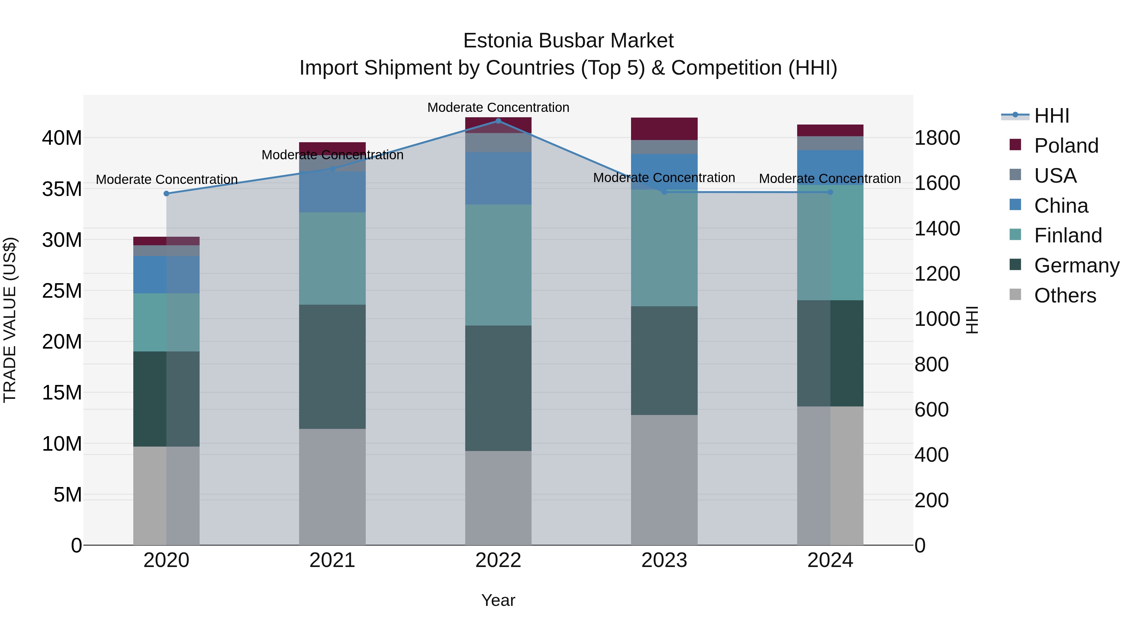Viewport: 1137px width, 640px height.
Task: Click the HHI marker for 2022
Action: pos(498,121)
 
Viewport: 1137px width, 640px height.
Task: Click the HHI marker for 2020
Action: pos(166,193)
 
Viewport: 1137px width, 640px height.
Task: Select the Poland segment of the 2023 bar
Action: pos(664,129)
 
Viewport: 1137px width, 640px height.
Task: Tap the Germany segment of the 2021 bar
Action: pos(332,367)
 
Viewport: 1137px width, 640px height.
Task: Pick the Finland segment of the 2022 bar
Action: pos(498,265)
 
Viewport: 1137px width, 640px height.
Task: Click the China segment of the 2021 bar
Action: pos(332,192)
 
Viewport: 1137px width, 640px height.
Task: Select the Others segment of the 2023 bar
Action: pos(664,480)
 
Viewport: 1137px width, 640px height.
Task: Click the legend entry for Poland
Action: pos(1066,146)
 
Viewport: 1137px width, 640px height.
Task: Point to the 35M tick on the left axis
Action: pos(62,189)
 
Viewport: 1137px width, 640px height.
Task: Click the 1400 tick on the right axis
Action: pos(937,229)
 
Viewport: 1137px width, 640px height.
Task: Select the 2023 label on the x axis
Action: pos(664,560)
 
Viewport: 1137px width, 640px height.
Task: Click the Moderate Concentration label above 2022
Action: pos(498,107)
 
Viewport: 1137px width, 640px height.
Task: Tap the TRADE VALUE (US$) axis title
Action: pos(10,320)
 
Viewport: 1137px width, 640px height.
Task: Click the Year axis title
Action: pos(498,600)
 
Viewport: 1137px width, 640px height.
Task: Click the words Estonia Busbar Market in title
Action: pos(568,41)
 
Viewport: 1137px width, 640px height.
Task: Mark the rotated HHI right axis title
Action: pos(972,320)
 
